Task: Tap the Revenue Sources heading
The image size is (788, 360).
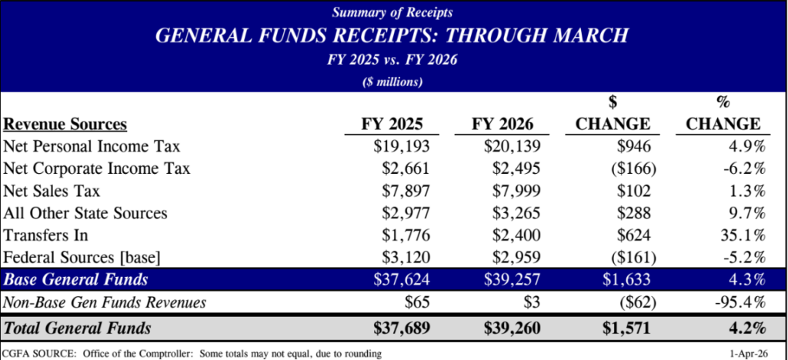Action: pyautogui.click(x=65, y=125)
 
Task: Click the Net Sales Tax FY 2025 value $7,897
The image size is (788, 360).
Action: pyautogui.click(x=398, y=190)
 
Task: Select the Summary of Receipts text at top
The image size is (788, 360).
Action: pyautogui.click(x=393, y=12)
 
